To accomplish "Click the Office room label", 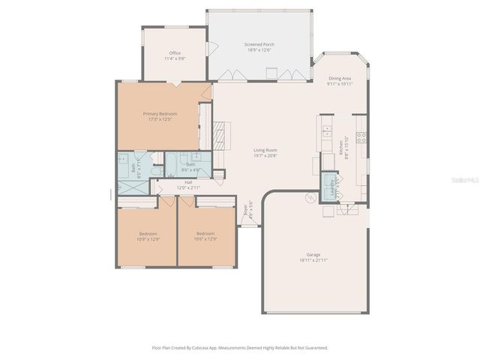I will pyautogui.click(x=175, y=55).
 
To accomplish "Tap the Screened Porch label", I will pyautogui.click(x=259, y=47).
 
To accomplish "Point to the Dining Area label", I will pyautogui.click(x=339, y=81).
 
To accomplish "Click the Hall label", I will pyautogui.click(x=189, y=184).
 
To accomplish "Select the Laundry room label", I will pyautogui.click(x=331, y=184).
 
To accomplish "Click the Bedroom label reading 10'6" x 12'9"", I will pyautogui.click(x=205, y=235).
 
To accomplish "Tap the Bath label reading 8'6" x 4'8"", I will pyautogui.click(x=190, y=166).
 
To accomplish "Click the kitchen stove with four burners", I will pyautogui.click(x=361, y=137).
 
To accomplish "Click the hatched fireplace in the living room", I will pyautogui.click(x=217, y=138).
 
